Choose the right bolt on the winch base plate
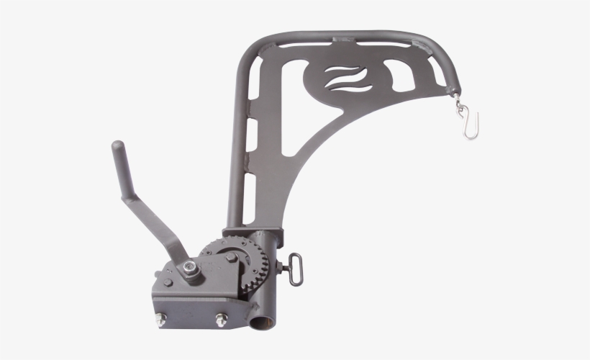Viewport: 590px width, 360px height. (220, 320)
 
